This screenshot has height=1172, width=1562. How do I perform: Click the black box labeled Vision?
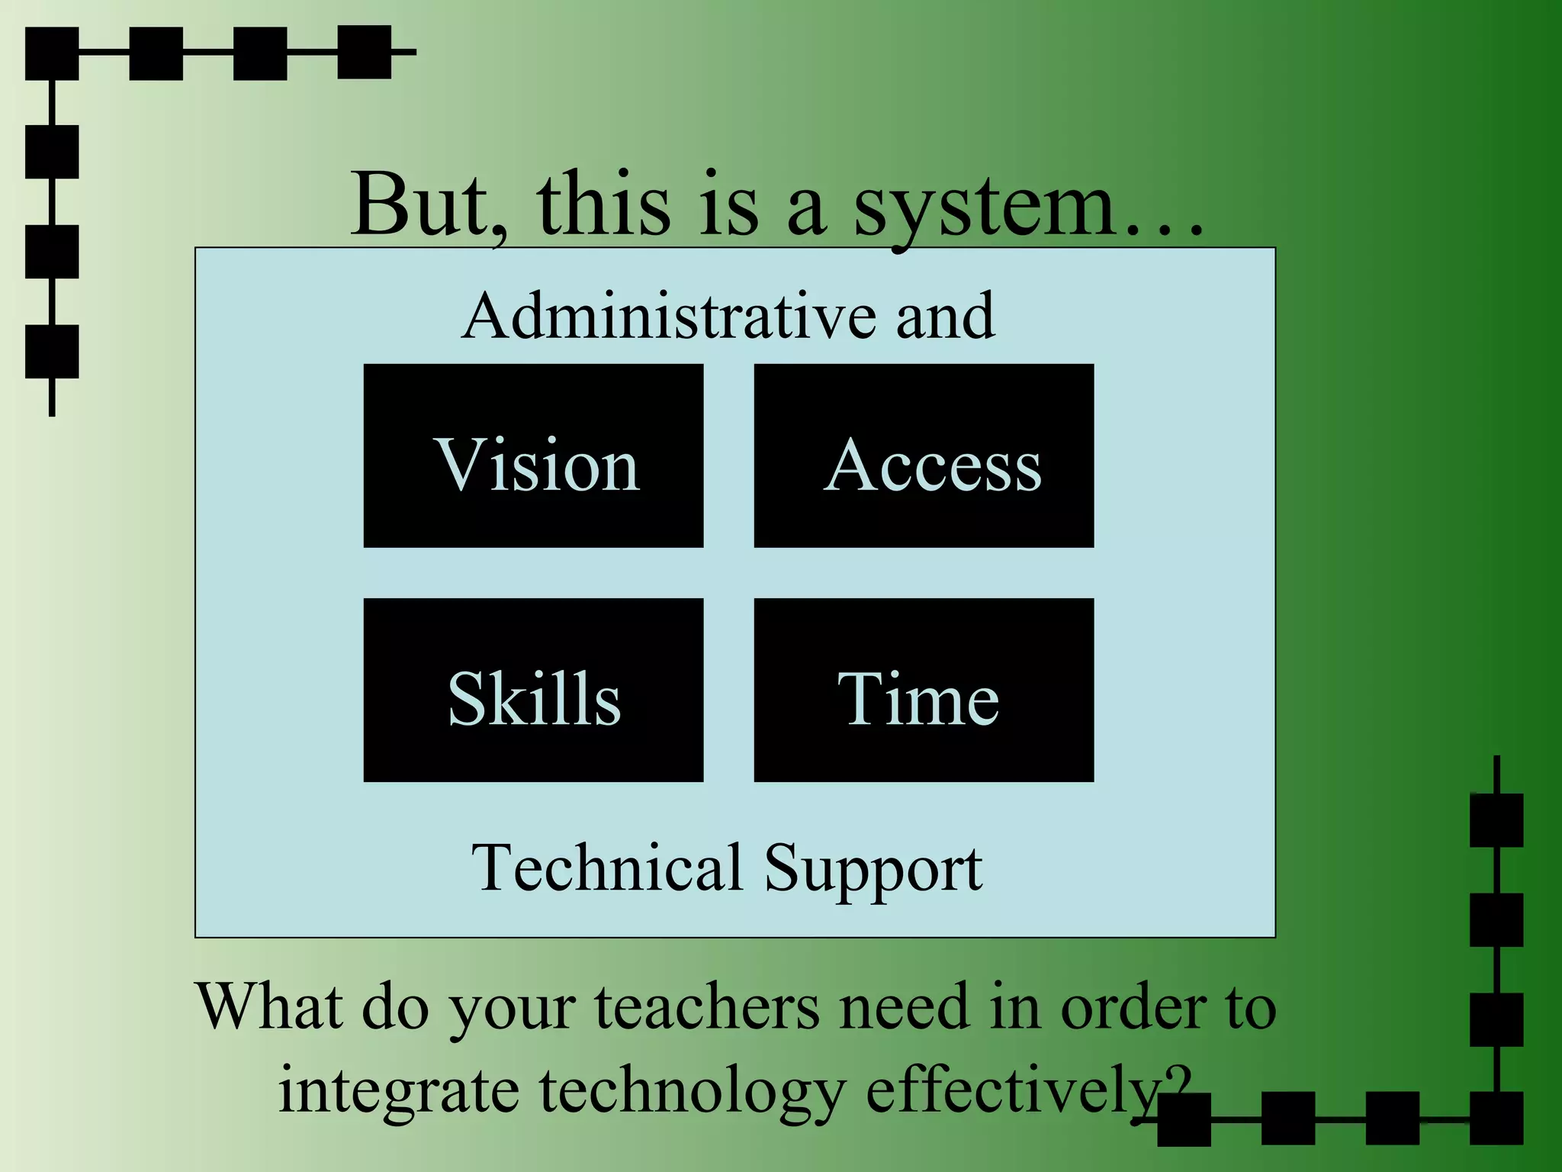[533, 456]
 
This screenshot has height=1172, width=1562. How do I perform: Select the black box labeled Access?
[924, 456]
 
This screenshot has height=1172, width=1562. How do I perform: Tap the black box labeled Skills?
[533, 690]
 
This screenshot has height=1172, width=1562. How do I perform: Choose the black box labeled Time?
[924, 690]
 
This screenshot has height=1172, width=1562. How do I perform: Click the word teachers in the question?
[707, 1007]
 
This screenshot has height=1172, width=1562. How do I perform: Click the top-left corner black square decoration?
[52, 53]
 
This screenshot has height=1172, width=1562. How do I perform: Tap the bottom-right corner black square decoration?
[1496, 1119]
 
